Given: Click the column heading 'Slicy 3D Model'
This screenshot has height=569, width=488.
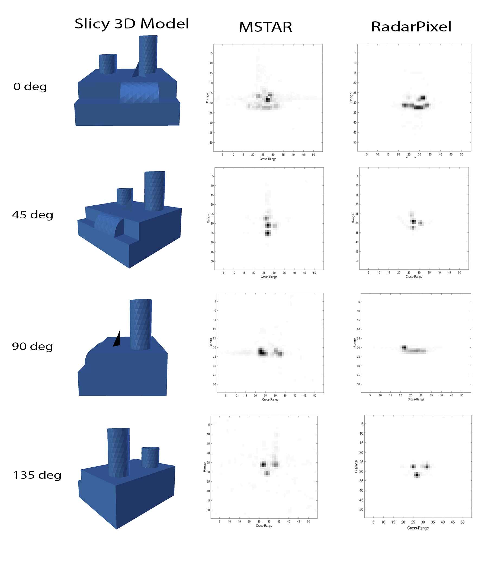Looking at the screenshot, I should coord(131,24).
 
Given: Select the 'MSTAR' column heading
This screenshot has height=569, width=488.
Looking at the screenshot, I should coord(265,27).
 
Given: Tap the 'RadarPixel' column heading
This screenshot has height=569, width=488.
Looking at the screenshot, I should coord(411,27).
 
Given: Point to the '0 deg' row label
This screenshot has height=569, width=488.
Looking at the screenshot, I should coord(30,86).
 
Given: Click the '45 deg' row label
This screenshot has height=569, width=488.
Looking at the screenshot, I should coord(33,215).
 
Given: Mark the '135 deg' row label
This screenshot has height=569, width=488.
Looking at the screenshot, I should coord(37,475).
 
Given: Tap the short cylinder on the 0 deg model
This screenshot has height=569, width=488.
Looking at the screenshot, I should coord(108,64).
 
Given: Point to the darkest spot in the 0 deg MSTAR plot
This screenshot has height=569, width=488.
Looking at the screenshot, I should coord(268,99).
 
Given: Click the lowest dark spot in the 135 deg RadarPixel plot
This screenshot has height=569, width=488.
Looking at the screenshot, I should coord(417,475).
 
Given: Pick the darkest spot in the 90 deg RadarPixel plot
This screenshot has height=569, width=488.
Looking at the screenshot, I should coord(404,347).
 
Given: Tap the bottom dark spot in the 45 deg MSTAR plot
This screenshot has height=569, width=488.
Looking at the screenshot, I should coord(268,233).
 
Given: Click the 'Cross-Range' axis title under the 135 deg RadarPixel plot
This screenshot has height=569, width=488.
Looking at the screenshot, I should coord(418,528).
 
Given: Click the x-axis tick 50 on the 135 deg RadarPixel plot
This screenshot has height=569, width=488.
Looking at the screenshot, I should coord(463,522).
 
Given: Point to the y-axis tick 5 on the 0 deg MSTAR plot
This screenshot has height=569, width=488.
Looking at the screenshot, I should coord(211,53).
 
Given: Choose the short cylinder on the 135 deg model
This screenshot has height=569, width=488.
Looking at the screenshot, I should coord(150,457).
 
